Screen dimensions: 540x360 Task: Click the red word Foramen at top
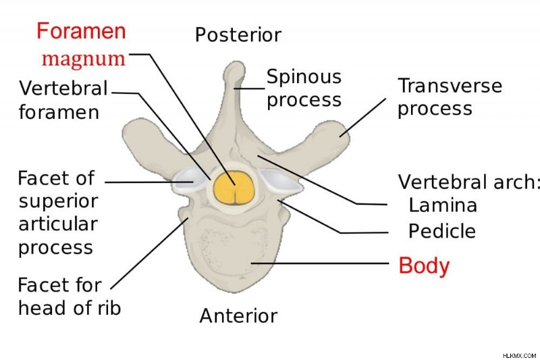[x=81, y=31]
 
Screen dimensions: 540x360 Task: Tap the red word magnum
[x=84, y=59]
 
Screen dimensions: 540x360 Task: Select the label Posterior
[x=238, y=35]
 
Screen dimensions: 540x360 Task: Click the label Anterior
[x=238, y=315]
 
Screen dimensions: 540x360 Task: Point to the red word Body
[x=424, y=266]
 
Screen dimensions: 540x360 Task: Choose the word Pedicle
[x=442, y=231]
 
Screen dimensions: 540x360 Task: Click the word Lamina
[x=443, y=205]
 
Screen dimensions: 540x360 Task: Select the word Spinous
[x=304, y=78]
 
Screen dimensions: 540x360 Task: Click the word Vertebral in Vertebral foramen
[x=63, y=88]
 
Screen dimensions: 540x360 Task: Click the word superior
[x=58, y=202]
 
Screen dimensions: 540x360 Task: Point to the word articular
[x=58, y=224]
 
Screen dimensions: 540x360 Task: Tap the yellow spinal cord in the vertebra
[x=234, y=188]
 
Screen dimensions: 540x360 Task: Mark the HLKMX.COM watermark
[x=519, y=355]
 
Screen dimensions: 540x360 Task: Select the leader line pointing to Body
[x=320, y=263]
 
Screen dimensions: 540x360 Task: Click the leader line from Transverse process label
[x=362, y=118]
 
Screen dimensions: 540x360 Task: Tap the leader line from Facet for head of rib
[x=149, y=253]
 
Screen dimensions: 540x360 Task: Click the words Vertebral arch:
[x=468, y=182]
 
